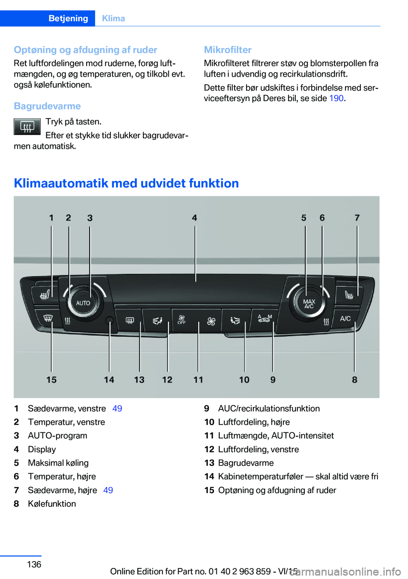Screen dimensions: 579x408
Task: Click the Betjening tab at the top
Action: (68, 18)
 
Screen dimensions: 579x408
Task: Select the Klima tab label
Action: (113, 18)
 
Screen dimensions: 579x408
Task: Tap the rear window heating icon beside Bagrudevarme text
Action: (27, 127)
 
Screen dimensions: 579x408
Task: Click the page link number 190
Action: (336, 98)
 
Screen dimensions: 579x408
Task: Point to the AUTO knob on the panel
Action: (83, 303)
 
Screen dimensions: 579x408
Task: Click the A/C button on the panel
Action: (345, 318)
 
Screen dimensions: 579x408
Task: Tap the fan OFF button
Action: (182, 320)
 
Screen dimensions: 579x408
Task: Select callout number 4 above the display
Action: (194, 218)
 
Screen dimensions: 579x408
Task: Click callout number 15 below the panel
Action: (51, 380)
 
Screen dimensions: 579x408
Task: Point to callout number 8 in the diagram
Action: (354, 380)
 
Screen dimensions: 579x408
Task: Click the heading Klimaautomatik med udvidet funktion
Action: (126, 183)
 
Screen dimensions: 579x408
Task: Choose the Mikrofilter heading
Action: (228, 50)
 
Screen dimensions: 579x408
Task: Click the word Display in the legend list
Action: (42, 449)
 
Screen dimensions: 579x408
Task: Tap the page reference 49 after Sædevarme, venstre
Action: (117, 409)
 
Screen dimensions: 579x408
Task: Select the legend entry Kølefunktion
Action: (52, 504)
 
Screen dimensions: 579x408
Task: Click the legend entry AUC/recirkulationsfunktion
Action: (269, 409)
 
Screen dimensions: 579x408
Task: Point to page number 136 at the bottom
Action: (34, 564)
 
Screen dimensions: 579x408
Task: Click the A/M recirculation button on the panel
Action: (264, 319)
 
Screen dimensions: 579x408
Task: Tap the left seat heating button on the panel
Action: (45, 294)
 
